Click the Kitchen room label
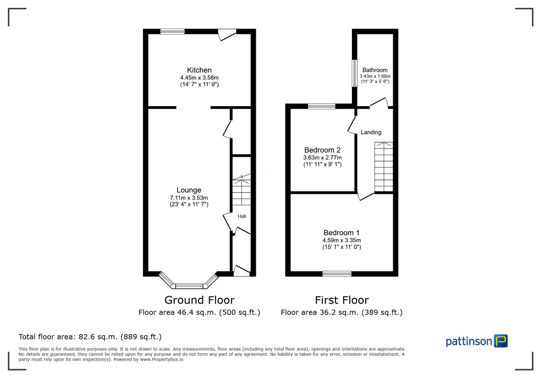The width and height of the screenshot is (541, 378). (199, 70)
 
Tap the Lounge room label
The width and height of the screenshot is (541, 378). (189, 190)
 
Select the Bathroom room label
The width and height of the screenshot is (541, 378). (375, 70)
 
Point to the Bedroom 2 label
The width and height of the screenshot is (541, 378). (322, 150)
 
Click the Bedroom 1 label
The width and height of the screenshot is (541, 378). (341, 233)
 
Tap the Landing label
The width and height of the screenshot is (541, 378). (371, 132)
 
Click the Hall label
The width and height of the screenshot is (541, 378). (241, 216)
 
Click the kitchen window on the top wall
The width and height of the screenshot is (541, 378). (172, 32)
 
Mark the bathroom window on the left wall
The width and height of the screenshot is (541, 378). (354, 72)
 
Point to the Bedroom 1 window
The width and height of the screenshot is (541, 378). (337, 273)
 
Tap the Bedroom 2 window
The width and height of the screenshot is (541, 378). (321, 106)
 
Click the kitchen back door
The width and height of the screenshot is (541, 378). (228, 34)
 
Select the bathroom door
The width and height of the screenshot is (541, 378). (379, 103)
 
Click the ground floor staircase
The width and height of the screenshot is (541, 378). (241, 191)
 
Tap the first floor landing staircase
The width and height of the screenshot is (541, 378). (384, 167)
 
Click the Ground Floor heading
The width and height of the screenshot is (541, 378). (199, 300)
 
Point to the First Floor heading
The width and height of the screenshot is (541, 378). (341, 300)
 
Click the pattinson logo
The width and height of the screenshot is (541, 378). (477, 341)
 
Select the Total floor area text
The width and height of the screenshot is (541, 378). (90, 336)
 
